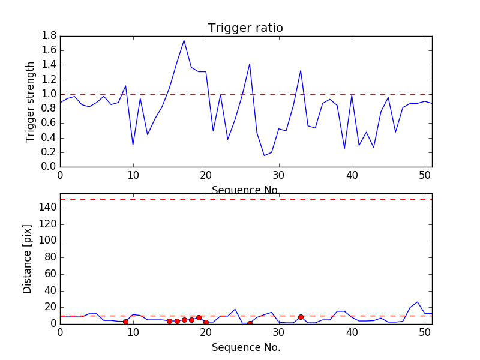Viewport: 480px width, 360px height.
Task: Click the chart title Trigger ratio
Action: tap(245, 28)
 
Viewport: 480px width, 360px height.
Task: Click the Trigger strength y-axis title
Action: tap(31, 101)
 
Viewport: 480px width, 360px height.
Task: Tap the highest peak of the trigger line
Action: tap(184, 40)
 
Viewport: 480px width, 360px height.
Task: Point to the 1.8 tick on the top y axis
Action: tap(49, 36)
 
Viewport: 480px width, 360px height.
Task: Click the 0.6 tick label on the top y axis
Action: tap(49, 123)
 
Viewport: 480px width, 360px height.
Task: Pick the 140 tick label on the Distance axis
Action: tap(47, 208)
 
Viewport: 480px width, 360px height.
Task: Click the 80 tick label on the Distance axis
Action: tap(49, 257)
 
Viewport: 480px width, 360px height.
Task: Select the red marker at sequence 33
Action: tap(301, 317)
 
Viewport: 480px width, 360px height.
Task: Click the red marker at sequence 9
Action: tap(125, 322)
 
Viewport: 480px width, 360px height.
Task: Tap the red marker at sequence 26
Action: tap(250, 323)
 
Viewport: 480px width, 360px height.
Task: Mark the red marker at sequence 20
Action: tap(206, 322)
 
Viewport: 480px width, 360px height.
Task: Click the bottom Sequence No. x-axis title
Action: tap(245, 347)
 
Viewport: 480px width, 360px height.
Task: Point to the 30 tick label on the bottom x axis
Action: tap(279, 334)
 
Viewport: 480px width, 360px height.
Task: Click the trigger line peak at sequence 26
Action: tap(250, 64)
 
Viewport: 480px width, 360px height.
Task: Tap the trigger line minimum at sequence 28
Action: tap(264, 155)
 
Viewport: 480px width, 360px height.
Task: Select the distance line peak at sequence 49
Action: tap(418, 302)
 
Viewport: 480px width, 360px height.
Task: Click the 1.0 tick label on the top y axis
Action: tap(49, 94)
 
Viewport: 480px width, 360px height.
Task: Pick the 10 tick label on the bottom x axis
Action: tap(133, 334)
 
